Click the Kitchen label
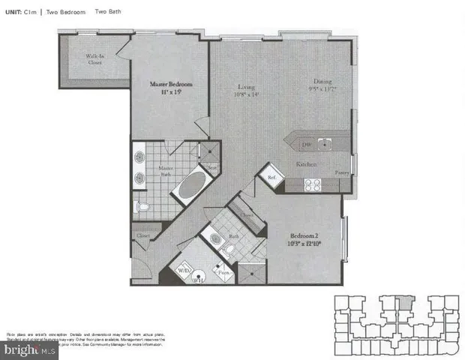pyautogui.click(x=305, y=164)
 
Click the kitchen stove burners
pyautogui.click(x=311, y=183)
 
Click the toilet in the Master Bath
pyautogui.click(x=142, y=205)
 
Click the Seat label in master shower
pyautogui.click(x=212, y=167)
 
